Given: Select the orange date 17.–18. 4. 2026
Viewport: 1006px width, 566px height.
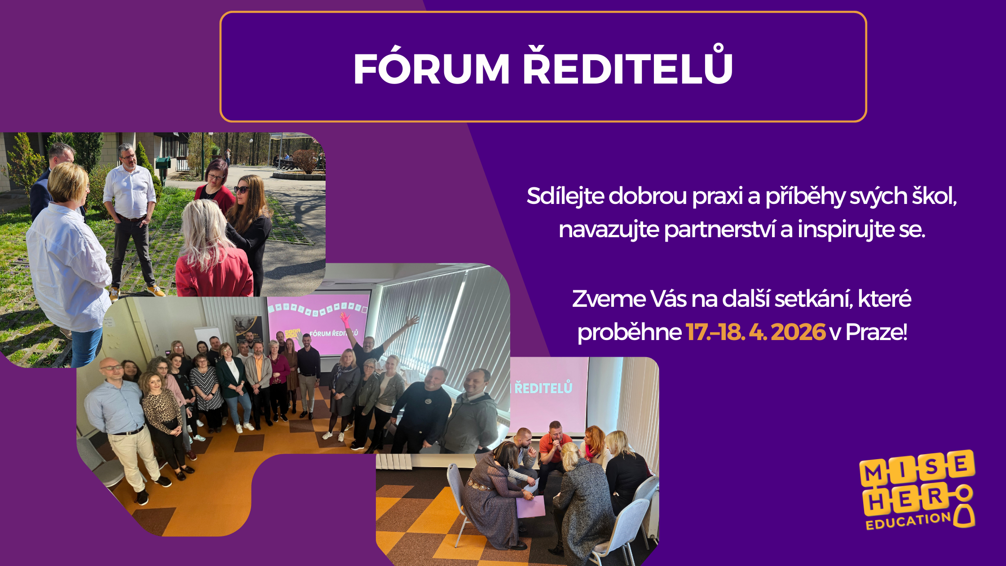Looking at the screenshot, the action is coord(755,332).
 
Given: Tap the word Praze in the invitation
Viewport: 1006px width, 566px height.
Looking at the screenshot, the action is coord(876,332).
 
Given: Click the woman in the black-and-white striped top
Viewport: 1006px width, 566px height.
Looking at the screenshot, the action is coord(206,391).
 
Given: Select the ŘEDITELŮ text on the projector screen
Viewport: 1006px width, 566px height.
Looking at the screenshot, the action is coord(543,388).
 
